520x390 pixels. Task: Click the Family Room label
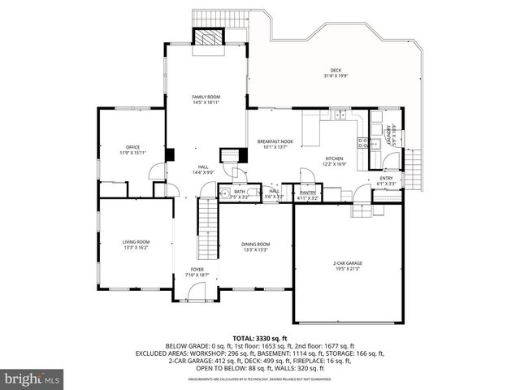point(206,99)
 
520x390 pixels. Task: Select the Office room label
point(132,149)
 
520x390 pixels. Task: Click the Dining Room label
point(255,246)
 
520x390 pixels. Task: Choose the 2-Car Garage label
point(347,266)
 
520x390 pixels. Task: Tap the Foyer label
point(197,271)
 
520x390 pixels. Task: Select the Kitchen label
point(335,161)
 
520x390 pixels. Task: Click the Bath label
point(240,193)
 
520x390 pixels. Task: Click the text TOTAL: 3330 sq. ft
point(260,337)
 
